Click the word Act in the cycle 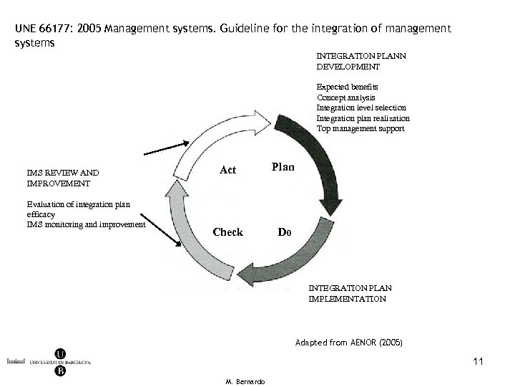(228, 170)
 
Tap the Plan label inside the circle (283, 166)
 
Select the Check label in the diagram (228, 232)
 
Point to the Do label (284, 232)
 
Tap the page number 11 (478, 362)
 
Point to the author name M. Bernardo (245, 381)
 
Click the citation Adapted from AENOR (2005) (348, 343)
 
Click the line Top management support (360, 129)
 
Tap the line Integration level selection (362, 107)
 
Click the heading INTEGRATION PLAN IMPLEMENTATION (350, 293)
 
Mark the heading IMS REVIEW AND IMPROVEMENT (62, 178)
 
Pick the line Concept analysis (345, 97)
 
